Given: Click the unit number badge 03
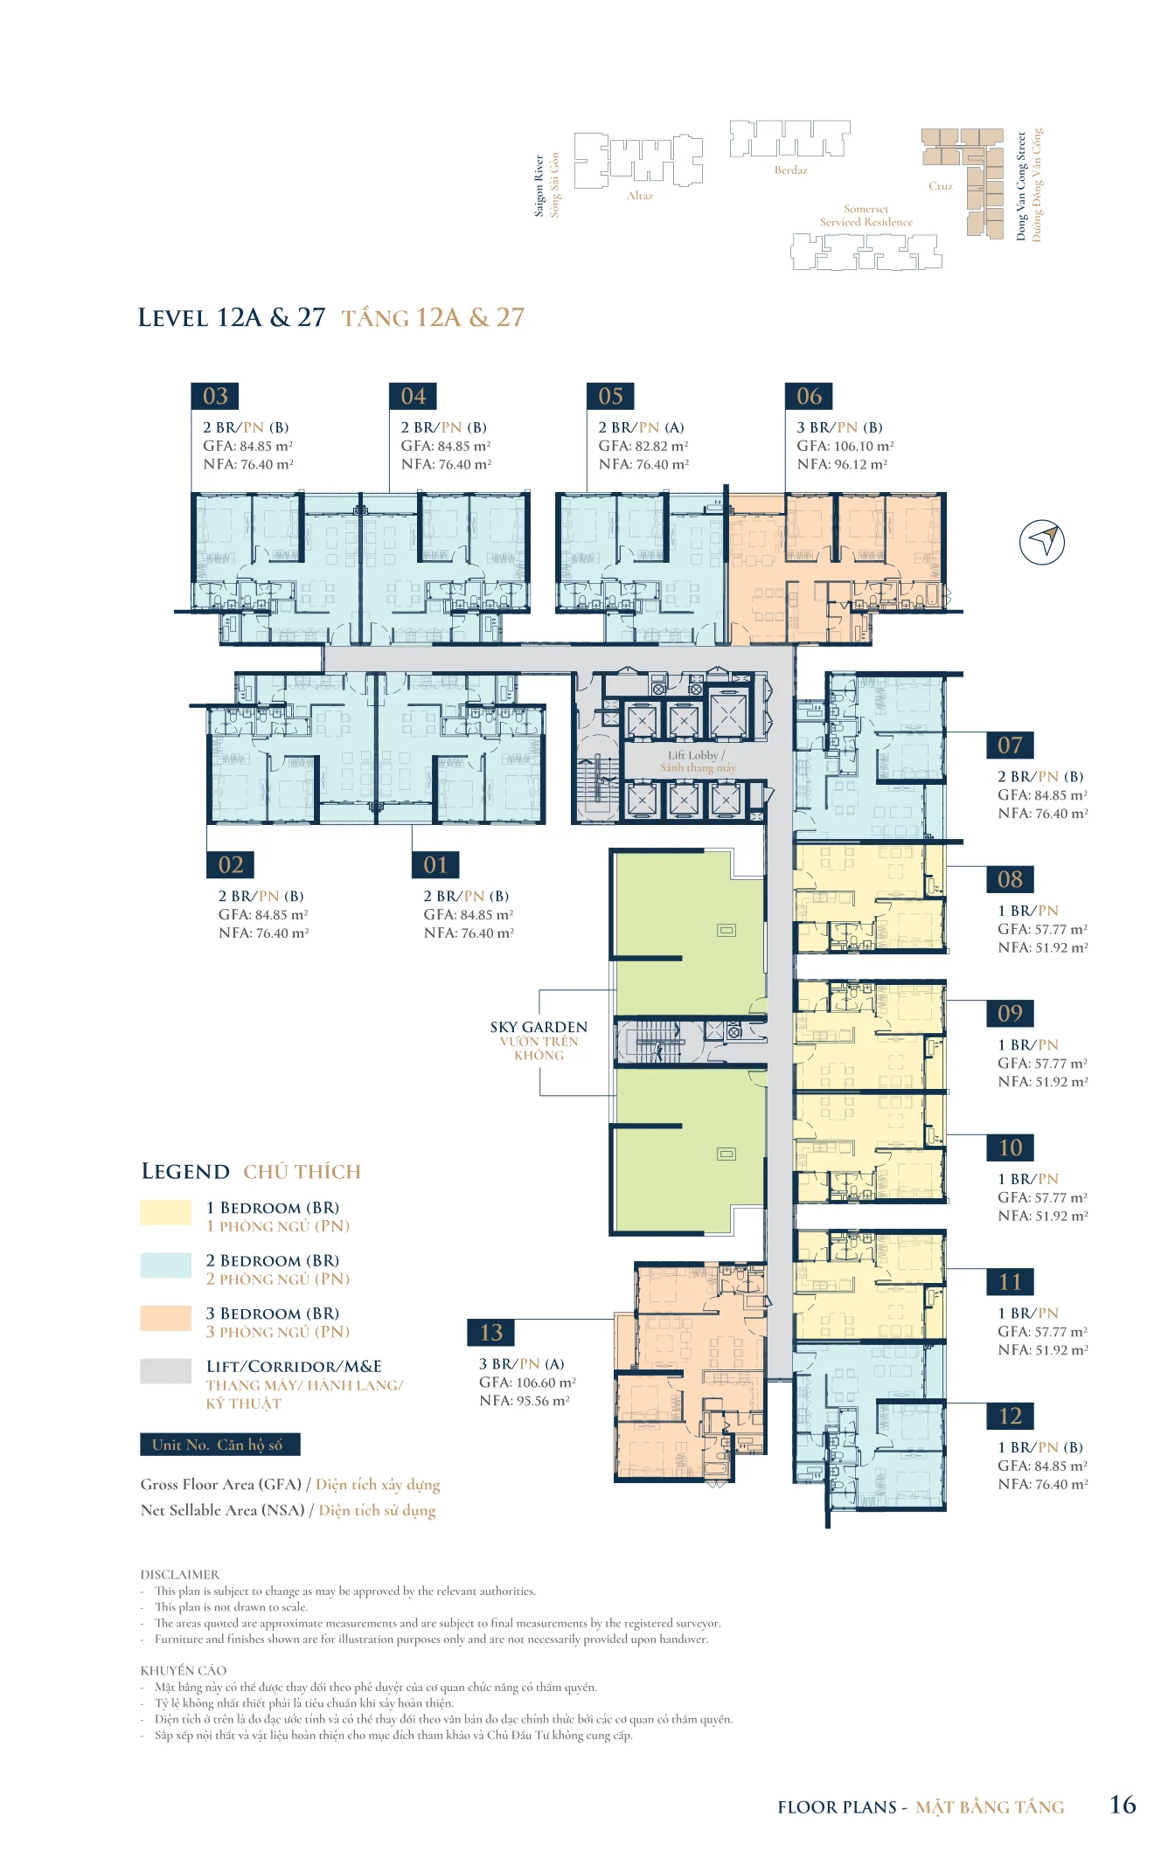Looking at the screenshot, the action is [x=215, y=396].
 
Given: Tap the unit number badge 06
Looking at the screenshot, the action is [x=809, y=396].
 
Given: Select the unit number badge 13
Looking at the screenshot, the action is [x=491, y=1332].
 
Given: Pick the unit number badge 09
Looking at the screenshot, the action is [x=1010, y=1013].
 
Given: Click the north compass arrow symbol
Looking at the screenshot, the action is [x=1042, y=542].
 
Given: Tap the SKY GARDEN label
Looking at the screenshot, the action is [x=539, y=1027].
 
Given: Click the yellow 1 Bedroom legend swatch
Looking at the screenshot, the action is [x=166, y=1212].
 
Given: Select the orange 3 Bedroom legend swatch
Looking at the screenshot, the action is [x=166, y=1318].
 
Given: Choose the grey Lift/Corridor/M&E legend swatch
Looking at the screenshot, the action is [x=166, y=1370].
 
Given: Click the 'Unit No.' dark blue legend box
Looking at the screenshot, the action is [x=220, y=1445].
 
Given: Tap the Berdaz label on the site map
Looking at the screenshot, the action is [x=790, y=170].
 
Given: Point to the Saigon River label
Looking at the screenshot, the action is [x=539, y=186].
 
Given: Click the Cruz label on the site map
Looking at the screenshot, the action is [x=941, y=186].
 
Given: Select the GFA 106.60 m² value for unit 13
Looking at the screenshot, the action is [x=527, y=1383].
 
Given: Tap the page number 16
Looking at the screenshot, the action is [x=1123, y=1805].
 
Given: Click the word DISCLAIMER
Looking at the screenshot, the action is [x=180, y=1575].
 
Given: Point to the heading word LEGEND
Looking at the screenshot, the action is [x=185, y=1171].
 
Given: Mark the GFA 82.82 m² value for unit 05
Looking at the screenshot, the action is [x=643, y=446].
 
